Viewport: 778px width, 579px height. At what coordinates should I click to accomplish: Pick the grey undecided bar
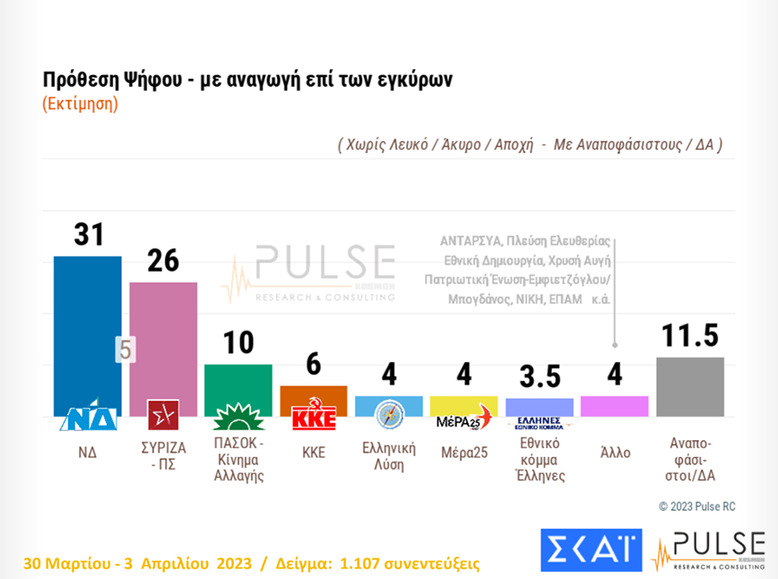(690, 385)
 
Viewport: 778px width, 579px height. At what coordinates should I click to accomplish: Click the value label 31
(88, 235)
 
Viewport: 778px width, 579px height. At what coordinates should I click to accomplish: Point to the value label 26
(163, 261)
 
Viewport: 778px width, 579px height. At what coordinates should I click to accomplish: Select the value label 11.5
(690, 335)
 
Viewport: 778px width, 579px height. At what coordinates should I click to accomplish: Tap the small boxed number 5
(125, 350)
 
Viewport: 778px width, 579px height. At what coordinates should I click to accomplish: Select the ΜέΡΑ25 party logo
(463, 421)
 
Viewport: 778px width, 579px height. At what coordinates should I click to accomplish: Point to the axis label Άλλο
(614, 454)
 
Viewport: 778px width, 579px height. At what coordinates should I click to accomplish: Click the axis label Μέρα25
(463, 454)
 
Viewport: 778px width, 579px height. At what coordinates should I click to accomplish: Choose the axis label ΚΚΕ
(314, 454)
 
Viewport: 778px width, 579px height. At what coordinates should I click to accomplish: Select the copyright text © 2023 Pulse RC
(696, 506)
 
